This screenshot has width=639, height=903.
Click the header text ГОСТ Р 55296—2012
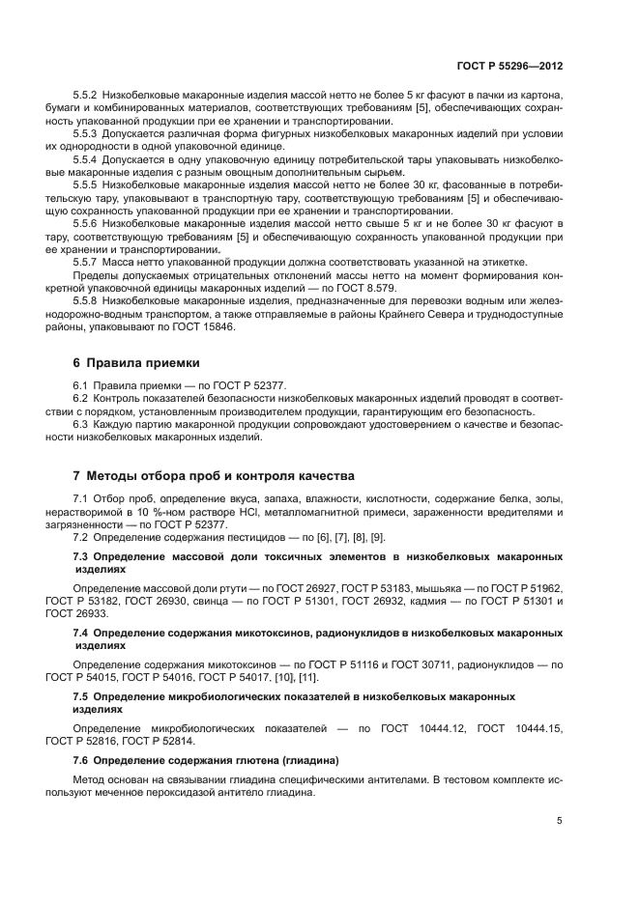[x=508, y=69]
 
